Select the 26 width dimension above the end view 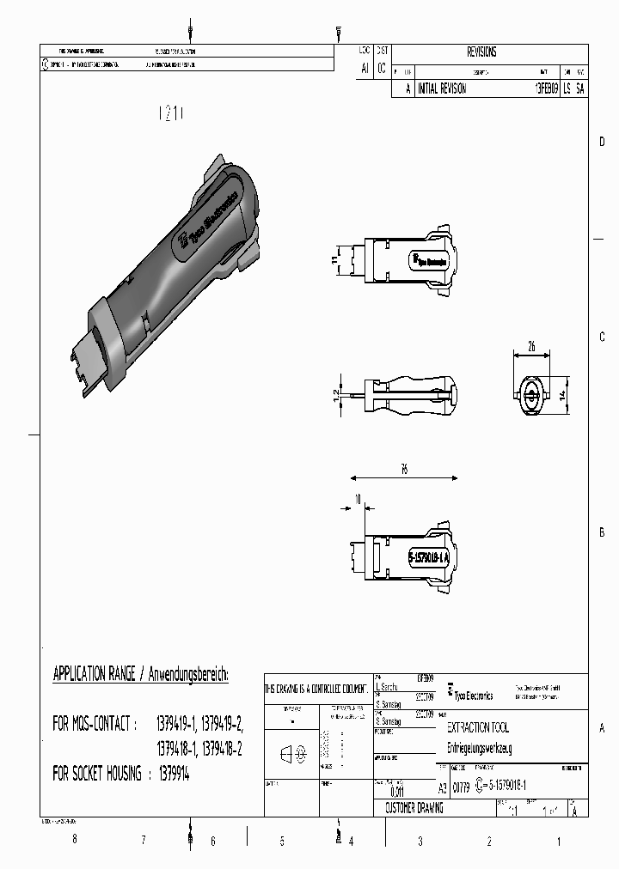[x=531, y=347]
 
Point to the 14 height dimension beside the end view [x=562, y=395]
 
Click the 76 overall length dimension [x=403, y=469]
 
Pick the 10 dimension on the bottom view [x=357, y=499]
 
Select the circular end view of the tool [x=530, y=398]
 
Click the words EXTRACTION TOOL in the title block [x=478, y=727]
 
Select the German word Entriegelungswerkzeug [x=481, y=748]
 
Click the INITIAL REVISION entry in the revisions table [x=441, y=88]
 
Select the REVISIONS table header [x=481, y=52]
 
